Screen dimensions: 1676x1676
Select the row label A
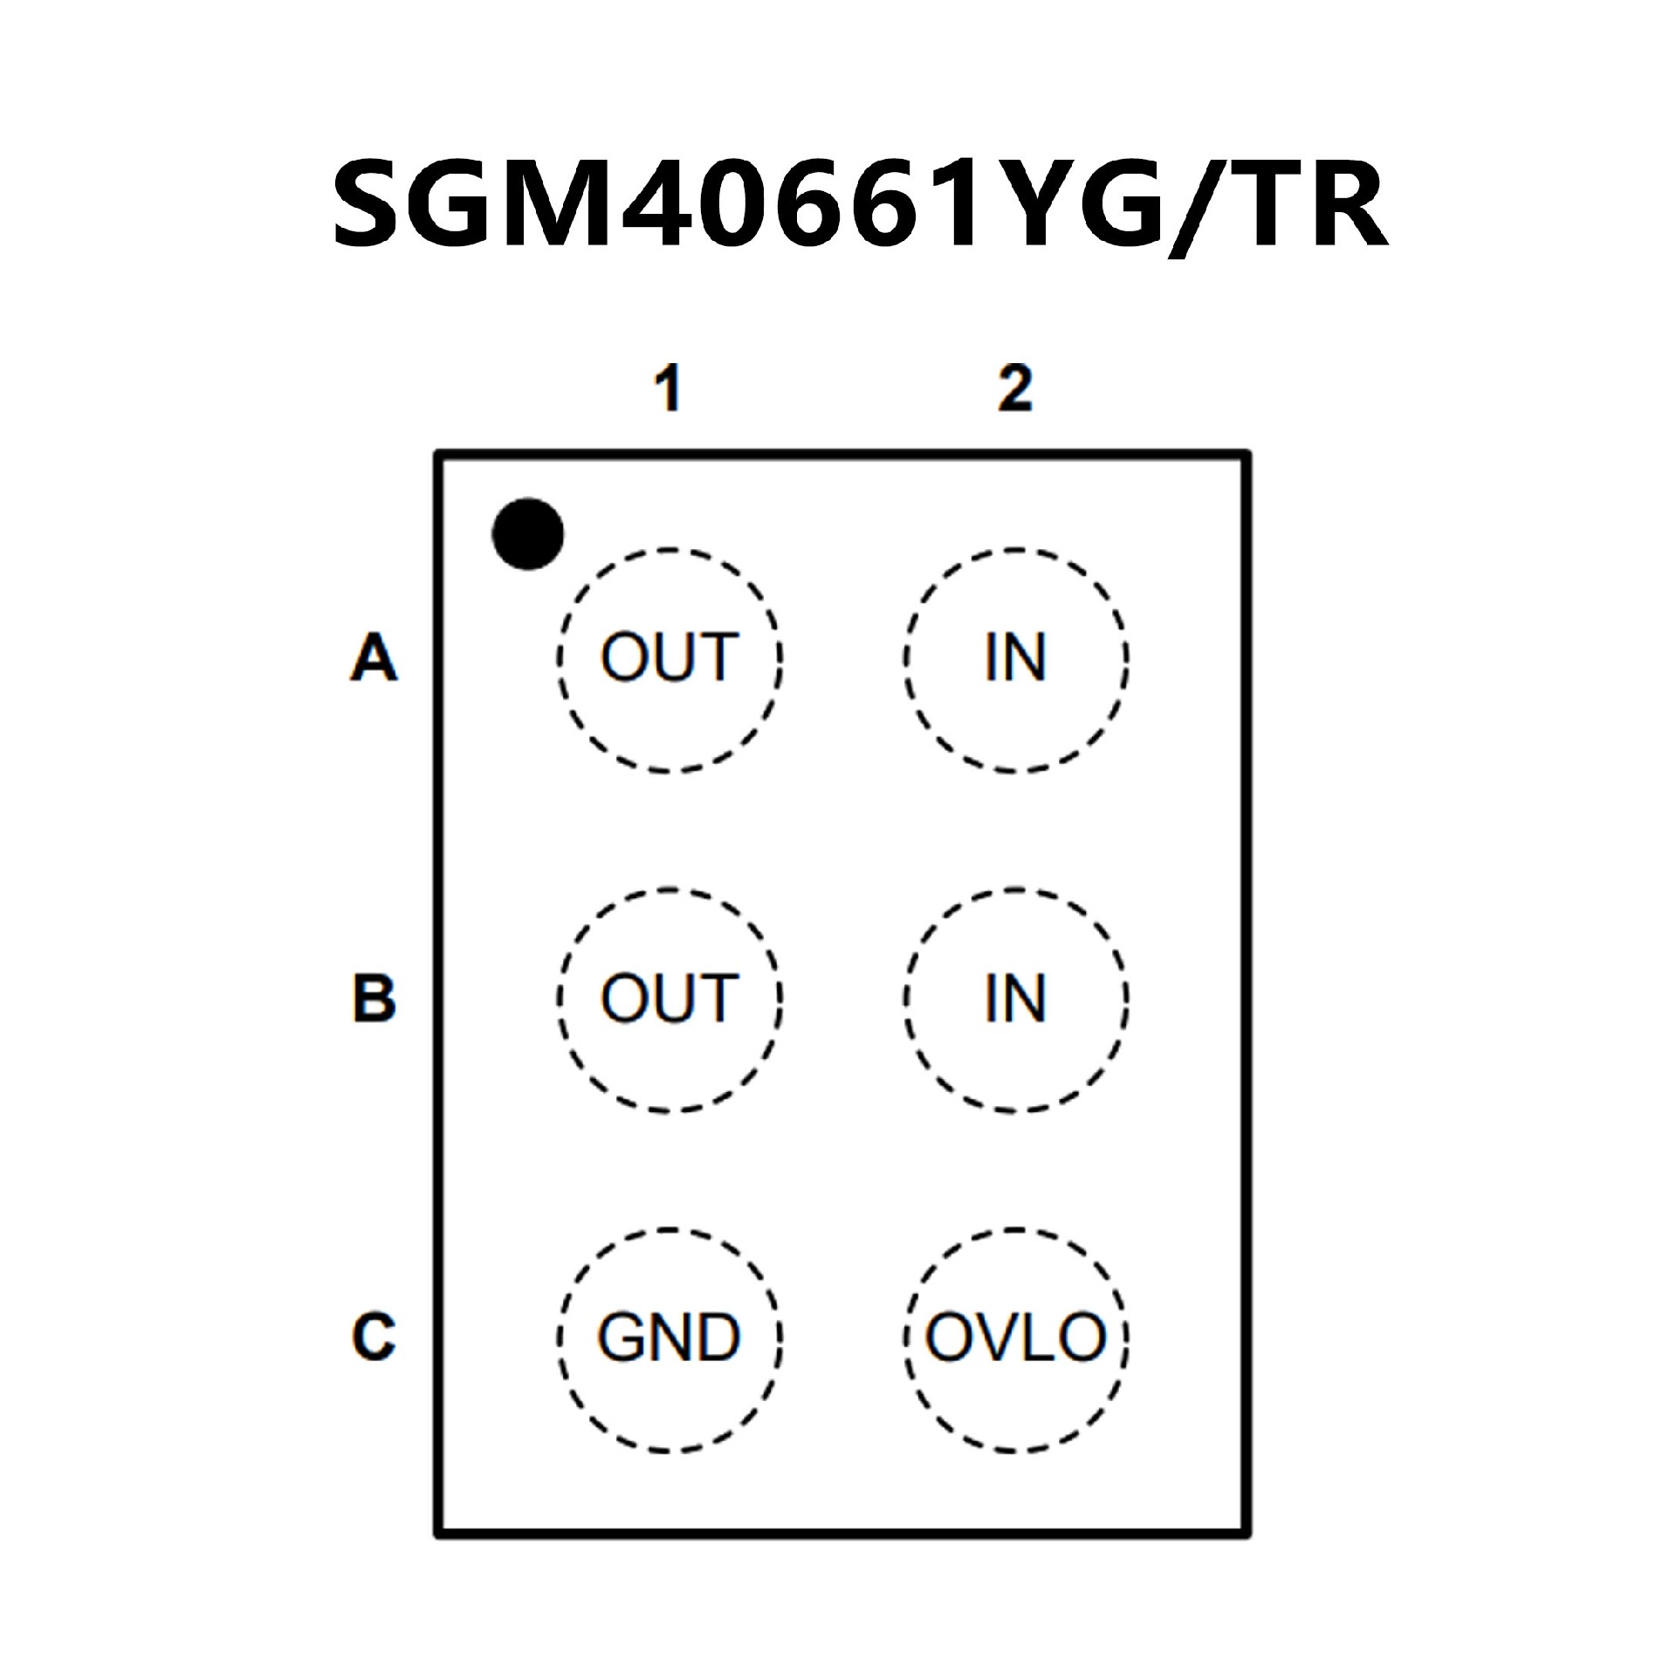(x=374, y=658)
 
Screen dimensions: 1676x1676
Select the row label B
(x=374, y=998)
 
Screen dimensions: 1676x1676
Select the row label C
(x=374, y=1336)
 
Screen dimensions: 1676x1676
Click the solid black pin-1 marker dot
(x=528, y=534)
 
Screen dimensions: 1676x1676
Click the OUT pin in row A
(x=670, y=660)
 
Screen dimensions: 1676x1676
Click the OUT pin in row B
(x=670, y=999)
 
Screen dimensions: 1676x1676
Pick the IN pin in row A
(x=1015, y=660)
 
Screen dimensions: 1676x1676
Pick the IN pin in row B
(x=1015, y=999)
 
